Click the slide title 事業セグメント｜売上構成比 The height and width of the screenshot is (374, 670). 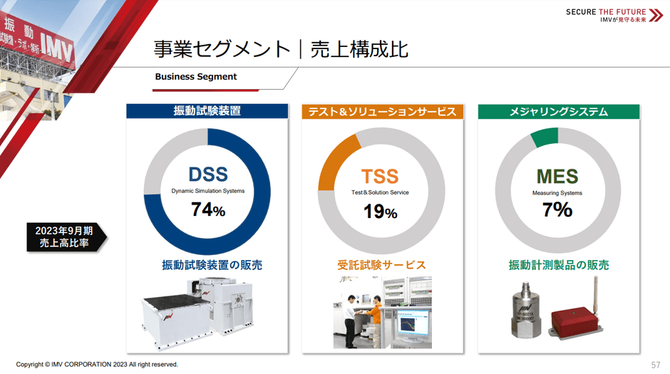[x=281, y=49]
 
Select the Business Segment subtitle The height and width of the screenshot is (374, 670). [x=196, y=77]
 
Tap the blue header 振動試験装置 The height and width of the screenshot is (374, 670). [x=207, y=111]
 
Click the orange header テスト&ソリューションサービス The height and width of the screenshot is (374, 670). [x=383, y=112]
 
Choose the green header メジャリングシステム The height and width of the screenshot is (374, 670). [x=558, y=111]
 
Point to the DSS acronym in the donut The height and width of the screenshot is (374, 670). [x=207, y=174]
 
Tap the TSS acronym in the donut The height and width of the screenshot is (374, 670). [x=379, y=176]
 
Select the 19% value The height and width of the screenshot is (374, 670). [x=380, y=211]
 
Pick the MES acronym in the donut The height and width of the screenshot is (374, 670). [x=557, y=176]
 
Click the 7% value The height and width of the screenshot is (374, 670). [x=557, y=209]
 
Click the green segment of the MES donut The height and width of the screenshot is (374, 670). [x=545, y=137]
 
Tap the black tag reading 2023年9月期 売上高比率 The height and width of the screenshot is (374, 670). [x=64, y=237]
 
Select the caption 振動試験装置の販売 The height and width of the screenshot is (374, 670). [x=212, y=265]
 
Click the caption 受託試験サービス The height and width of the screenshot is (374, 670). [x=381, y=265]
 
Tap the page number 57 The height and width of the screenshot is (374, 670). [x=656, y=365]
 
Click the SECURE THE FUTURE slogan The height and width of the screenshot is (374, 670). [x=606, y=12]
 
